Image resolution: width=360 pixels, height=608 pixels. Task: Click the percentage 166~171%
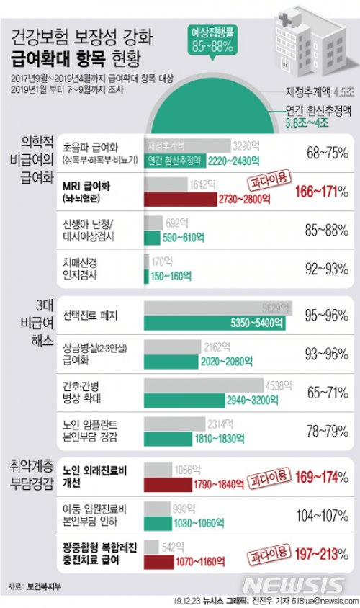coord(322,192)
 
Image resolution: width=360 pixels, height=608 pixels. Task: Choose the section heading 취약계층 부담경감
coord(30,475)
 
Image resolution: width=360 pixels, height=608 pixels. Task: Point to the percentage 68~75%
coord(323,153)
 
